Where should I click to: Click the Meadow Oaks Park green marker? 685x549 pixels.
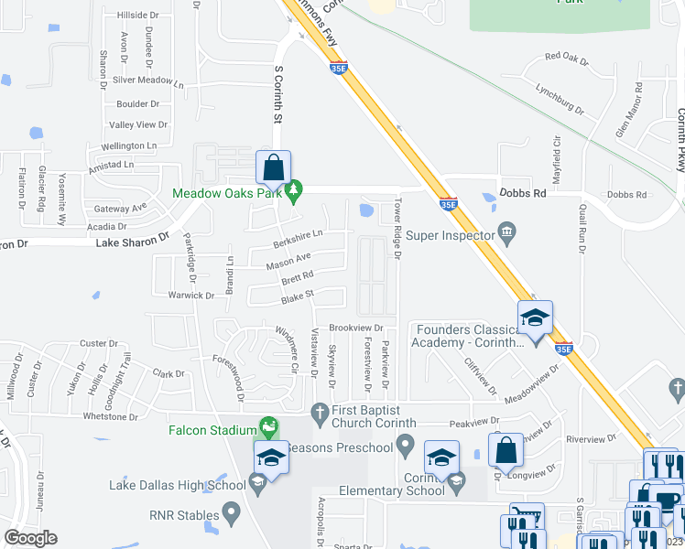click(294, 192)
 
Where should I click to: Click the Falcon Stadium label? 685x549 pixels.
click(212, 430)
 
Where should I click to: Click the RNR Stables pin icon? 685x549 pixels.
click(231, 511)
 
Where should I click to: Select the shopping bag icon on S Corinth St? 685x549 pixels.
click(273, 167)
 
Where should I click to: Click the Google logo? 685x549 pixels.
click(30, 538)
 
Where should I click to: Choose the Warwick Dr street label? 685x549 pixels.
click(190, 296)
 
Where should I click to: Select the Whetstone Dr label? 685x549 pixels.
click(110, 416)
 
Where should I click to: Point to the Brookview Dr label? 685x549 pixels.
click(354, 327)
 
